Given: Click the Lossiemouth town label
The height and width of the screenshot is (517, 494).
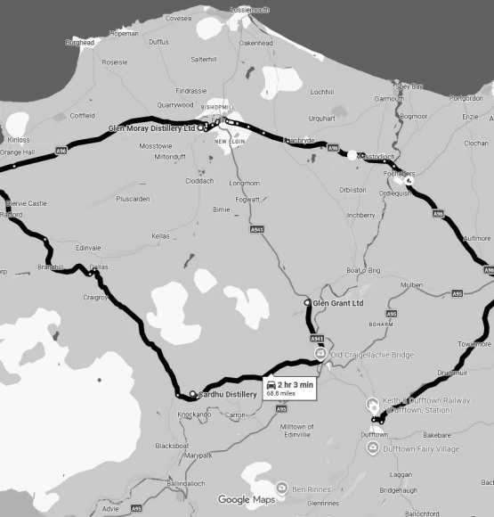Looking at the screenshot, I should (x=249, y=9).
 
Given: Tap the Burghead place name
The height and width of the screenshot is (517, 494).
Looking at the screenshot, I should (x=79, y=42).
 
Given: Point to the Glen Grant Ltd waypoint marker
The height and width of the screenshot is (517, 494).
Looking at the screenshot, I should (x=308, y=303).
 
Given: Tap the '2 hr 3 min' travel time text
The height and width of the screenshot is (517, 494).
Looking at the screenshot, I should (x=296, y=384).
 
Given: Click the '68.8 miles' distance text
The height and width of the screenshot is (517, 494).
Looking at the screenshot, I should (x=284, y=393).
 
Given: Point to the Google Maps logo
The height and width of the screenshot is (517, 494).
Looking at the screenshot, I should (x=247, y=500).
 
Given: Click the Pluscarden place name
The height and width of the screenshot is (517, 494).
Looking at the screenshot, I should (x=133, y=199).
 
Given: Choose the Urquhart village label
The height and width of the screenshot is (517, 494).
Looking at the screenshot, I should (x=321, y=118).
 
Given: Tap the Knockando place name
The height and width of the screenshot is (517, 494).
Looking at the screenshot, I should (x=194, y=414).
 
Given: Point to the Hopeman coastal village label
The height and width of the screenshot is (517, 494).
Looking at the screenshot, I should (x=124, y=33).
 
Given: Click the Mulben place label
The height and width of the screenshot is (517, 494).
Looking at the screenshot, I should (x=411, y=284).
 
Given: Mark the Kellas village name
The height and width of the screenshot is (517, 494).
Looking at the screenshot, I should (x=160, y=236).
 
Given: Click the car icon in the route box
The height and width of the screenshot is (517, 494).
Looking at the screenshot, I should (x=271, y=384).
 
